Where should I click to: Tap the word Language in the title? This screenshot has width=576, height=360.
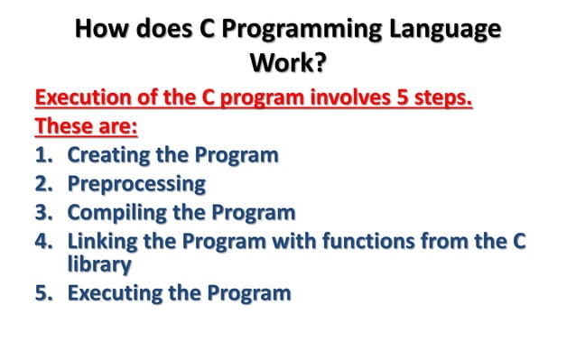click(446, 30)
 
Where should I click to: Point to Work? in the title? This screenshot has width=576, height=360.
click(287, 64)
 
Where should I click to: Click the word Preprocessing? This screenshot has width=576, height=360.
click(136, 184)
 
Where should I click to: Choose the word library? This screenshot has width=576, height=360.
click(99, 264)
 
